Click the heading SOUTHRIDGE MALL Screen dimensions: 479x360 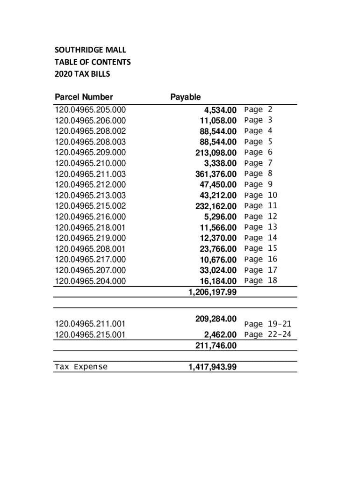90,50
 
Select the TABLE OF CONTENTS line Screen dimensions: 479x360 93,62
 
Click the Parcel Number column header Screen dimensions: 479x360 84,97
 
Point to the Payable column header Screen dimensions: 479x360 185,97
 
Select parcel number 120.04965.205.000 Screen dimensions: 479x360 90,110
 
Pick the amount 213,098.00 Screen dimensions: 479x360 216,152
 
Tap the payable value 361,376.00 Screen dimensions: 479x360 216,174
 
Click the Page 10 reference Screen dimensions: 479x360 261,195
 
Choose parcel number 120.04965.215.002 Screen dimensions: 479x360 90,206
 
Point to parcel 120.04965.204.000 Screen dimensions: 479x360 90,281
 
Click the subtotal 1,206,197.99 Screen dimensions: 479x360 212,292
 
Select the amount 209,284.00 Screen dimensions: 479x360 216,319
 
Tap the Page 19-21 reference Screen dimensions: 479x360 268,324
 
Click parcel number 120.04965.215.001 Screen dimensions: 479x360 90,334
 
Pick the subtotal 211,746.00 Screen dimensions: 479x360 216,346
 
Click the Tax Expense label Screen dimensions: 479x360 81,367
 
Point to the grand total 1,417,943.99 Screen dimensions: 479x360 212,367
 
